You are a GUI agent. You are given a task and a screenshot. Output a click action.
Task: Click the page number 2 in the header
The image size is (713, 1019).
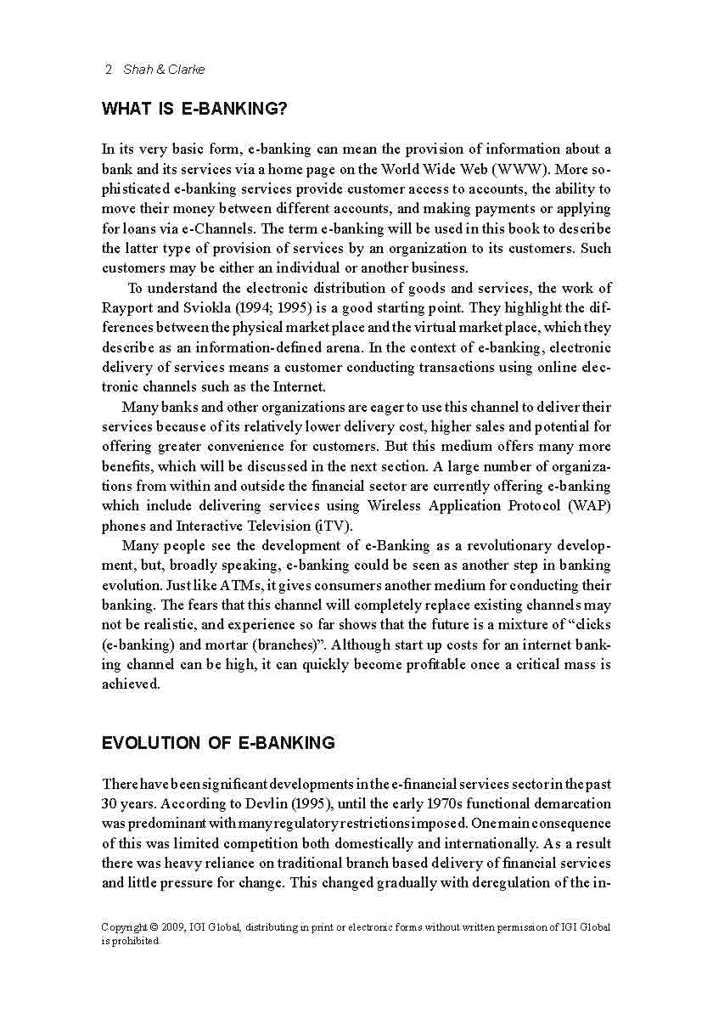[108, 70]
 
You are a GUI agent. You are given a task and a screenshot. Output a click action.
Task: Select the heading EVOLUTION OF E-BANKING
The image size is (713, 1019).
[218, 743]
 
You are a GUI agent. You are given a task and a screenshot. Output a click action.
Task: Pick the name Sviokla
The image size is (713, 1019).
[205, 307]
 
